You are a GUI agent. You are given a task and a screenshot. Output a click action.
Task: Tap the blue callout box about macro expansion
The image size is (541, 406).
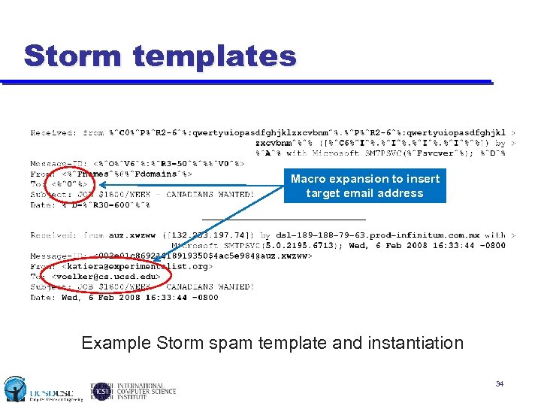[x=365, y=186]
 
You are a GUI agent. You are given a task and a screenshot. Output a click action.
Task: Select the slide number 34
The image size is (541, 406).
[x=499, y=384]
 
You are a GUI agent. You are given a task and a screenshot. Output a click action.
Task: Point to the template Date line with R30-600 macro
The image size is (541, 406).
[x=90, y=205]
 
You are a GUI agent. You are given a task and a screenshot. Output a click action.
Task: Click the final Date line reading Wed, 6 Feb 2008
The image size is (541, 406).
[x=124, y=297]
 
